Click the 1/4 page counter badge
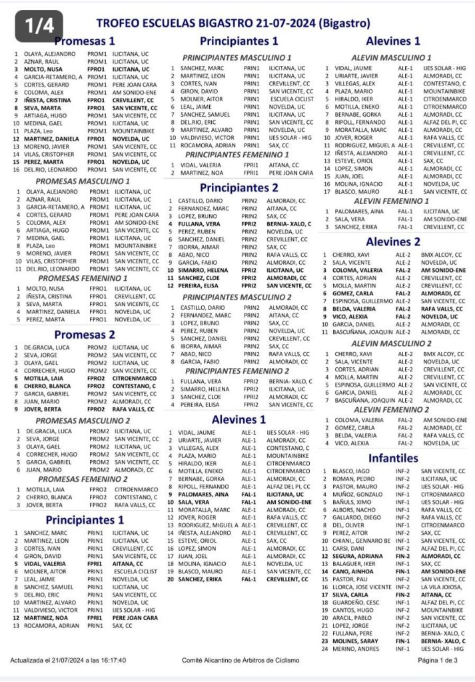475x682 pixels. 39,24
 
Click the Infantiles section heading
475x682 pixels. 392,458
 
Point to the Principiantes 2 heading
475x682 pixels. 239,187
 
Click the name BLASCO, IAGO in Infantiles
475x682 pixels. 350,471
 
